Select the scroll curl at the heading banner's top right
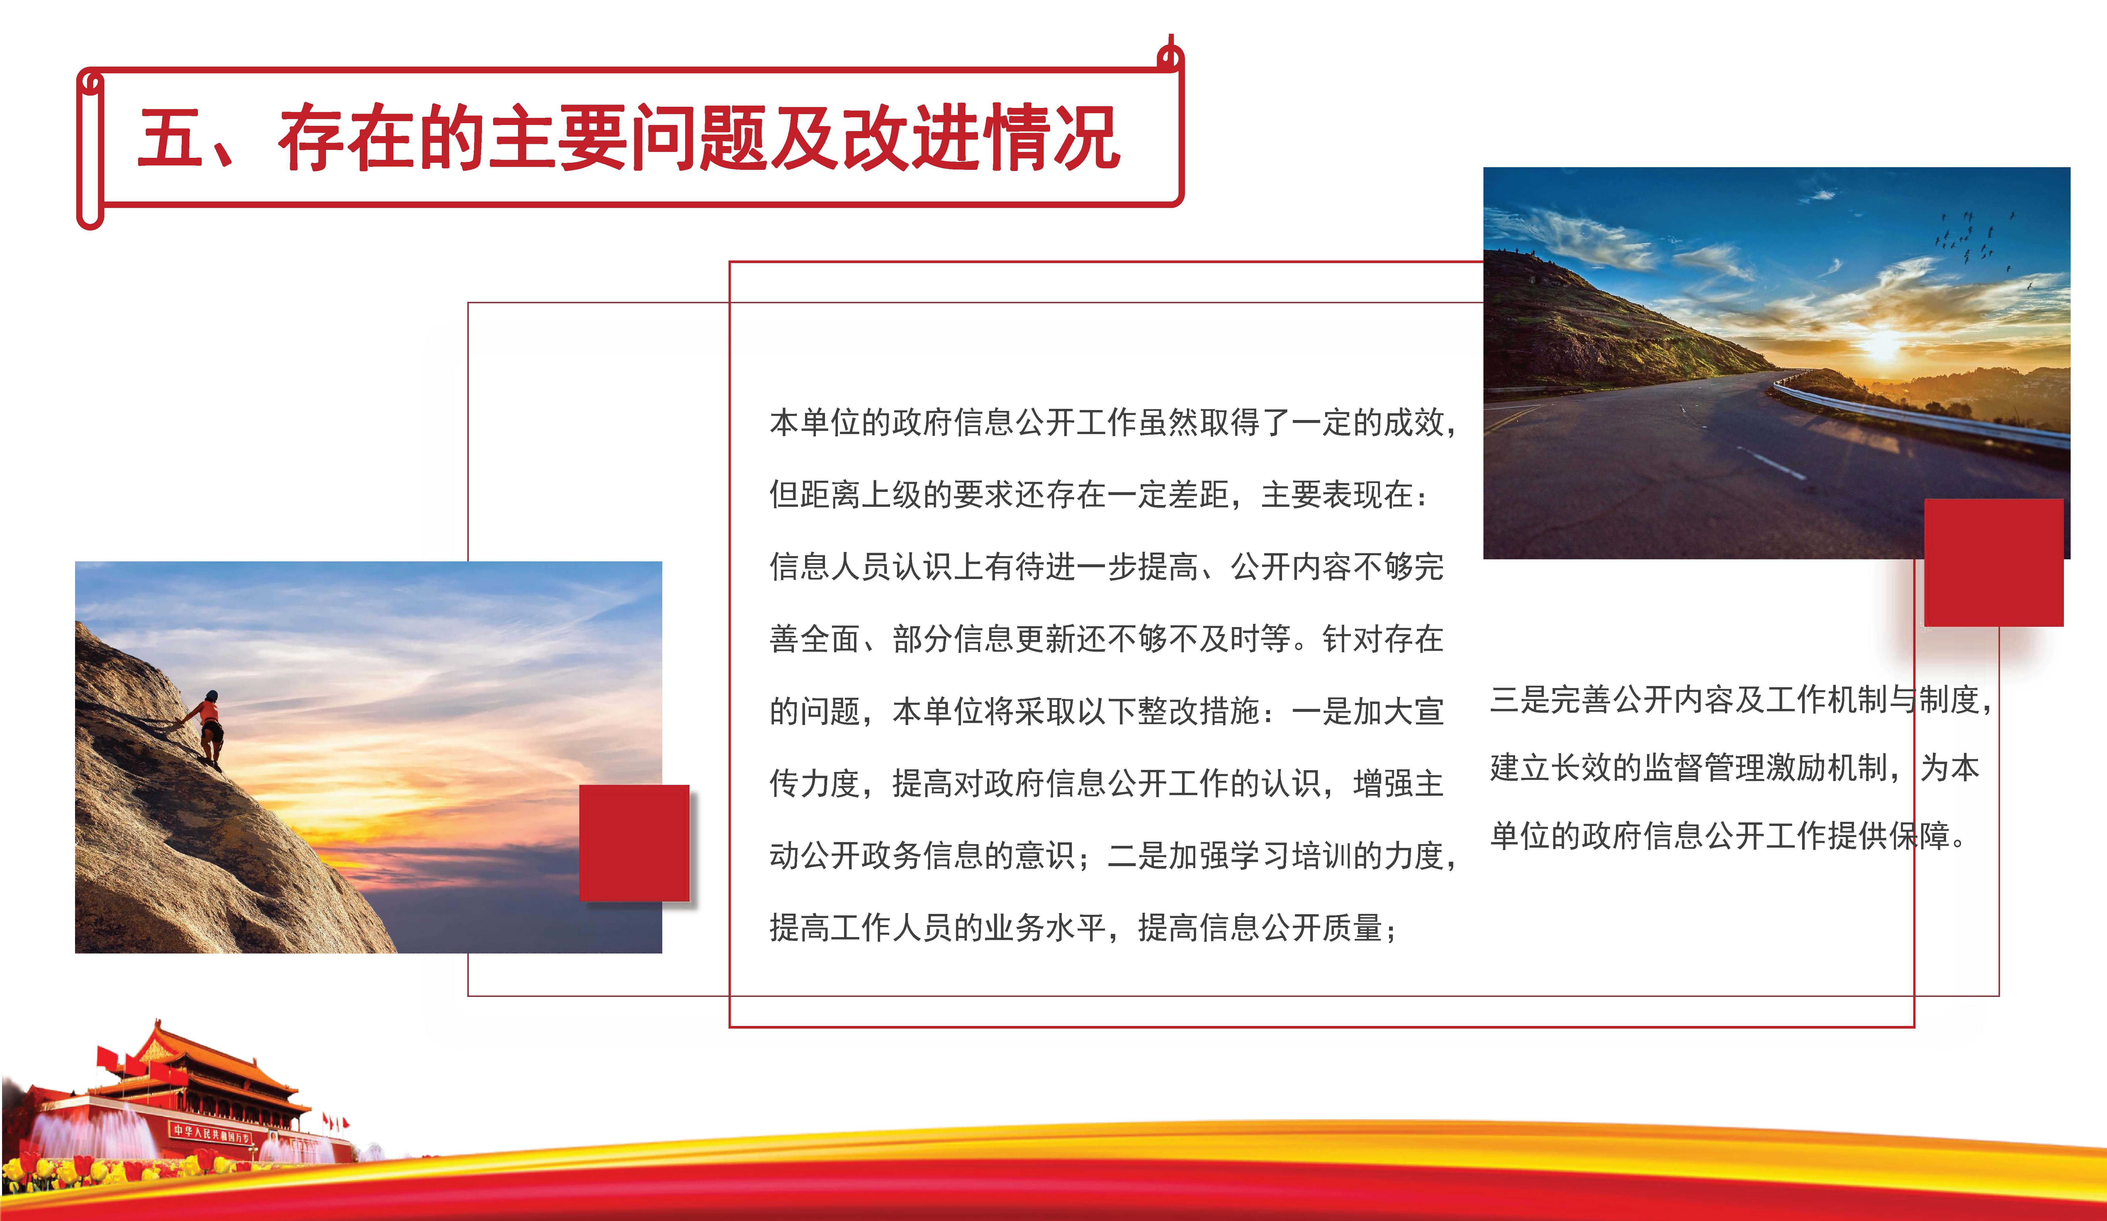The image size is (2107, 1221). tap(1171, 54)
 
